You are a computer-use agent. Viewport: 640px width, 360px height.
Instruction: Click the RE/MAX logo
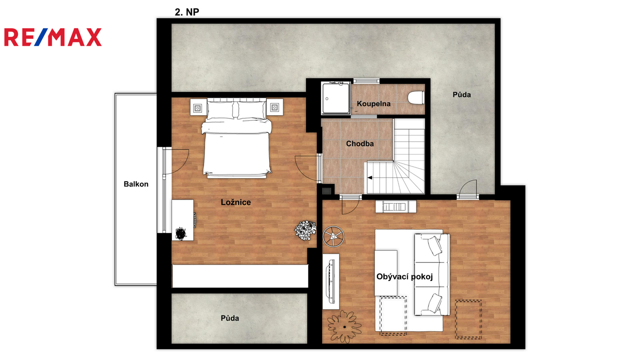53,37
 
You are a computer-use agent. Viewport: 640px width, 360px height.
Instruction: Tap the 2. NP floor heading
187,12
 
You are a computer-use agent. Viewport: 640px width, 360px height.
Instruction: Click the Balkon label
136,184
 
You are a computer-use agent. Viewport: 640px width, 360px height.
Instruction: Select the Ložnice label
236,202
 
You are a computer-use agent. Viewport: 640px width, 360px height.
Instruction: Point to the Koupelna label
374,104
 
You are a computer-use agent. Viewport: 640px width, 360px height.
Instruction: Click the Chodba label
360,144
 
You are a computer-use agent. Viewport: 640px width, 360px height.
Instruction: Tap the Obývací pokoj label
404,276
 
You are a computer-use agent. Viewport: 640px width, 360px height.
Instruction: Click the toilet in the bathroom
416,98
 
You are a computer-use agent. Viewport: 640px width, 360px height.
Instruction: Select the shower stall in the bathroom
336,98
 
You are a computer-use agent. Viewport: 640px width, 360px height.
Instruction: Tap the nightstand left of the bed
198,107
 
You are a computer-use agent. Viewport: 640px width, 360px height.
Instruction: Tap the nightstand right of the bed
274,107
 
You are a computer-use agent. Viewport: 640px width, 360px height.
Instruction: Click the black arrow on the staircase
370,178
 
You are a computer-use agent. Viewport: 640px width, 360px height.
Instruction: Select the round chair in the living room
334,236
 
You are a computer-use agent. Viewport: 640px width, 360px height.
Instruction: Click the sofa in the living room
432,274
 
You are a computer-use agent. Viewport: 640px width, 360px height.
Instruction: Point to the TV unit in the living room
331,282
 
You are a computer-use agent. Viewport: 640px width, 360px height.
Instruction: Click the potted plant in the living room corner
344,326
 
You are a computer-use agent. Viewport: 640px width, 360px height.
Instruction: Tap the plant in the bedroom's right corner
305,230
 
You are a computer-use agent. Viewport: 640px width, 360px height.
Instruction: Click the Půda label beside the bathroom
462,94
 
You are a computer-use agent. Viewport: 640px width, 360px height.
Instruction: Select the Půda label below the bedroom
230,318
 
